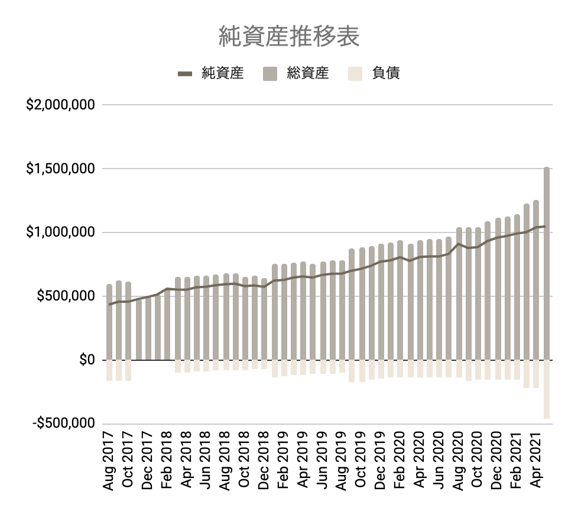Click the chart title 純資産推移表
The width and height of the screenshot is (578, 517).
click(x=288, y=37)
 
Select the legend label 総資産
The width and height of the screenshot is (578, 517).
click(x=307, y=73)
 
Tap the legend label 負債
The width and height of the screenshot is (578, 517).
click(x=386, y=73)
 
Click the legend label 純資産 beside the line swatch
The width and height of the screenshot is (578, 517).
click(x=222, y=73)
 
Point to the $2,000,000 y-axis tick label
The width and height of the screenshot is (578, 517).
click(x=60, y=105)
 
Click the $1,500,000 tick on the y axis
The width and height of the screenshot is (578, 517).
click(x=60, y=169)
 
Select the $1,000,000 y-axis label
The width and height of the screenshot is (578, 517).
click(x=60, y=232)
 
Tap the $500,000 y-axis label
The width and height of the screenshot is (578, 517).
click(x=64, y=296)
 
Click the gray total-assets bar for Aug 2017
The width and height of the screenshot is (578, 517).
click(x=109, y=322)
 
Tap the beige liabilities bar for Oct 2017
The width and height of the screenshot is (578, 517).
click(x=128, y=370)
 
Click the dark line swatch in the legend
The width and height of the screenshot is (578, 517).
click(x=185, y=74)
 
